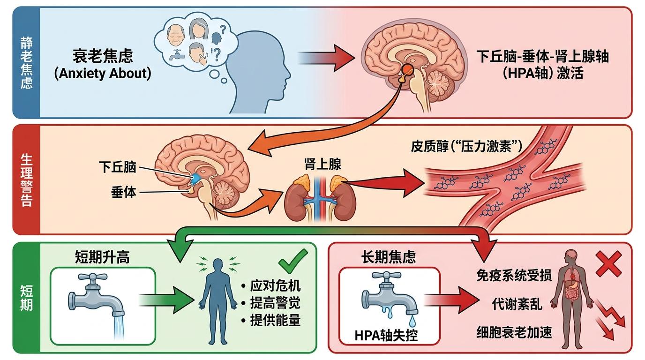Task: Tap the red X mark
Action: click(x=608, y=264)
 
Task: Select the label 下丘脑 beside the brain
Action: click(x=117, y=166)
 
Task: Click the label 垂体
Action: click(x=123, y=192)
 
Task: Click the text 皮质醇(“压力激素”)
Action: click(x=466, y=146)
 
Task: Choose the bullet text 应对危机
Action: click(x=275, y=286)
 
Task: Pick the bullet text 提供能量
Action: click(x=275, y=321)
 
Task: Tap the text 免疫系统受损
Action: click(x=514, y=275)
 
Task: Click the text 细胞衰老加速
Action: click(x=514, y=332)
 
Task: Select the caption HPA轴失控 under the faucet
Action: click(x=386, y=336)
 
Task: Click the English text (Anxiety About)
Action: click(x=103, y=74)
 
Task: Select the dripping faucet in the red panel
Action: click(x=389, y=298)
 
